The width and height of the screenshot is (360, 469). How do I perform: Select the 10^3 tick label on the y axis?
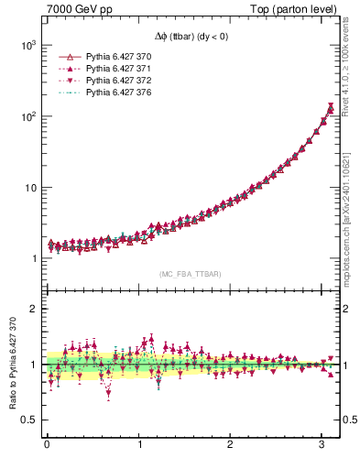[28, 45]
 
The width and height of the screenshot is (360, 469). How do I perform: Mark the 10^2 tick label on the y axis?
[28, 116]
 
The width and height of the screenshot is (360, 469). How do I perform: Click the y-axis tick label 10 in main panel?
[29, 188]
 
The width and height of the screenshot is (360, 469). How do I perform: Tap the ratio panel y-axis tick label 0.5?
[27, 420]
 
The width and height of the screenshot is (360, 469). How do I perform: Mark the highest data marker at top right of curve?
[331, 107]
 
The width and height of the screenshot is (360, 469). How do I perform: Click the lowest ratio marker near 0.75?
[109, 395]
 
